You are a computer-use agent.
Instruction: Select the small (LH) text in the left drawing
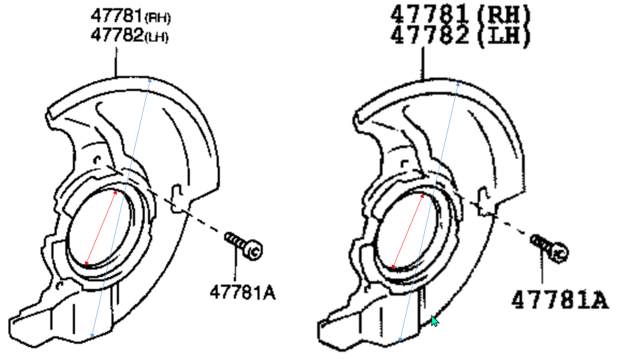coord(156,37)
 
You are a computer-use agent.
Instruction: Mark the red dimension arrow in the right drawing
coord(407,231)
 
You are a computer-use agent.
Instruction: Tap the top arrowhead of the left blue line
coord(150,79)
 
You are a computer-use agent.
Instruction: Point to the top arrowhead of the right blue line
coord(458,82)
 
